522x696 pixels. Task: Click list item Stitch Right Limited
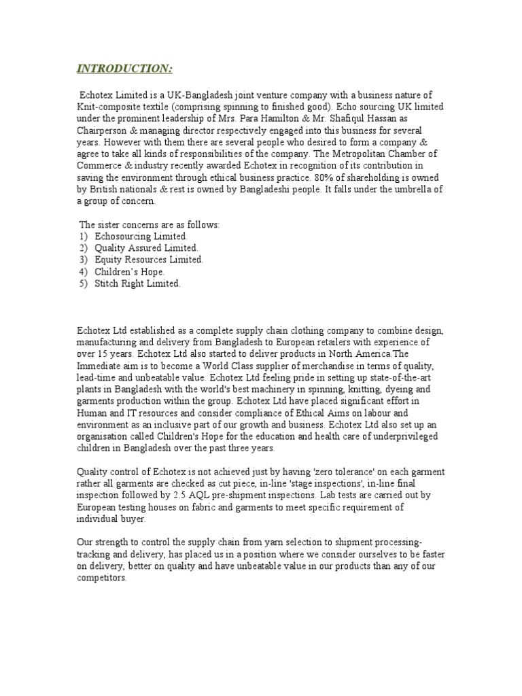pyautogui.click(x=137, y=283)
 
